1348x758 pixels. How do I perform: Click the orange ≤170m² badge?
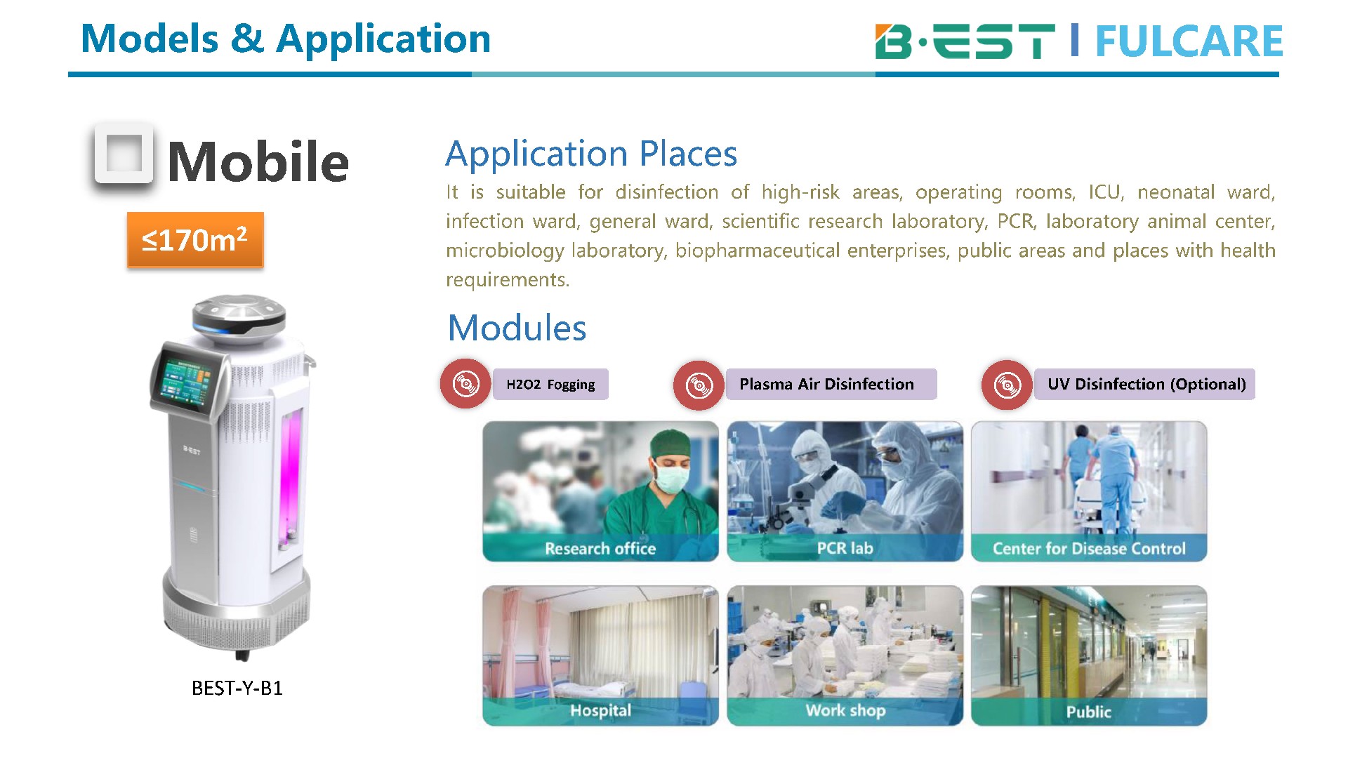point(195,240)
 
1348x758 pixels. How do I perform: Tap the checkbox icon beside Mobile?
point(124,154)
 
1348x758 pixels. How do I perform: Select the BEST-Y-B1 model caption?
point(237,688)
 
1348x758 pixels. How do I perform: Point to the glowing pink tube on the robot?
point(291,477)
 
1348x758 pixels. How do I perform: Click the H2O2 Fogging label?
point(550,385)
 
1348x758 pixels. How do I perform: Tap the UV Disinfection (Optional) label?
point(1144,385)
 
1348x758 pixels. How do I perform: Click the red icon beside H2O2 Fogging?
point(465,384)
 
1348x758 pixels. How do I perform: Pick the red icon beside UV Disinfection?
point(1007,385)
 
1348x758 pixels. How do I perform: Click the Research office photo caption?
point(600,549)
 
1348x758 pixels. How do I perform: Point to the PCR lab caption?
point(845,548)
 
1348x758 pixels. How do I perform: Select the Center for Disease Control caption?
point(1089,549)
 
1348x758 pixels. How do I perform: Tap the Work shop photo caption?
point(845,711)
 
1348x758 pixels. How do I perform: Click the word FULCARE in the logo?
point(1189,41)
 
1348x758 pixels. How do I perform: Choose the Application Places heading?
point(591,154)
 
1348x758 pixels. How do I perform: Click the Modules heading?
point(517,328)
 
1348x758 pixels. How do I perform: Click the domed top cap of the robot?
point(239,313)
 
